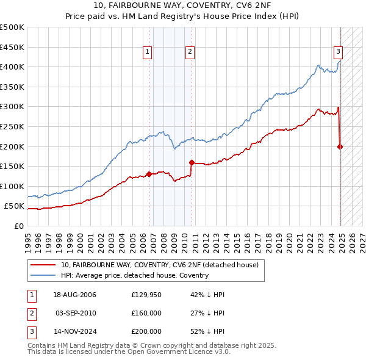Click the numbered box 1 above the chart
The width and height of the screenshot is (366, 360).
148,52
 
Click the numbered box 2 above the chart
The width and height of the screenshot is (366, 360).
190,52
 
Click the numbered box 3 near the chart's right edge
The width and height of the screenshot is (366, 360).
338,52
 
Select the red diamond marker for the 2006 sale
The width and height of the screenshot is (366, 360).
149,174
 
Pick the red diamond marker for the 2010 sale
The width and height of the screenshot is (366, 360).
192,162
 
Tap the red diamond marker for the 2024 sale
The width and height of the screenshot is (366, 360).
340,146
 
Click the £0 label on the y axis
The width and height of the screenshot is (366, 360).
19,226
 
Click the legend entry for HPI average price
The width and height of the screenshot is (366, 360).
134,275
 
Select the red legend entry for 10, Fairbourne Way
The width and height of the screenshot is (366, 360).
160,265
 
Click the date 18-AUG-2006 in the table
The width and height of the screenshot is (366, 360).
74,295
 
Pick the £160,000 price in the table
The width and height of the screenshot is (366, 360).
146,313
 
